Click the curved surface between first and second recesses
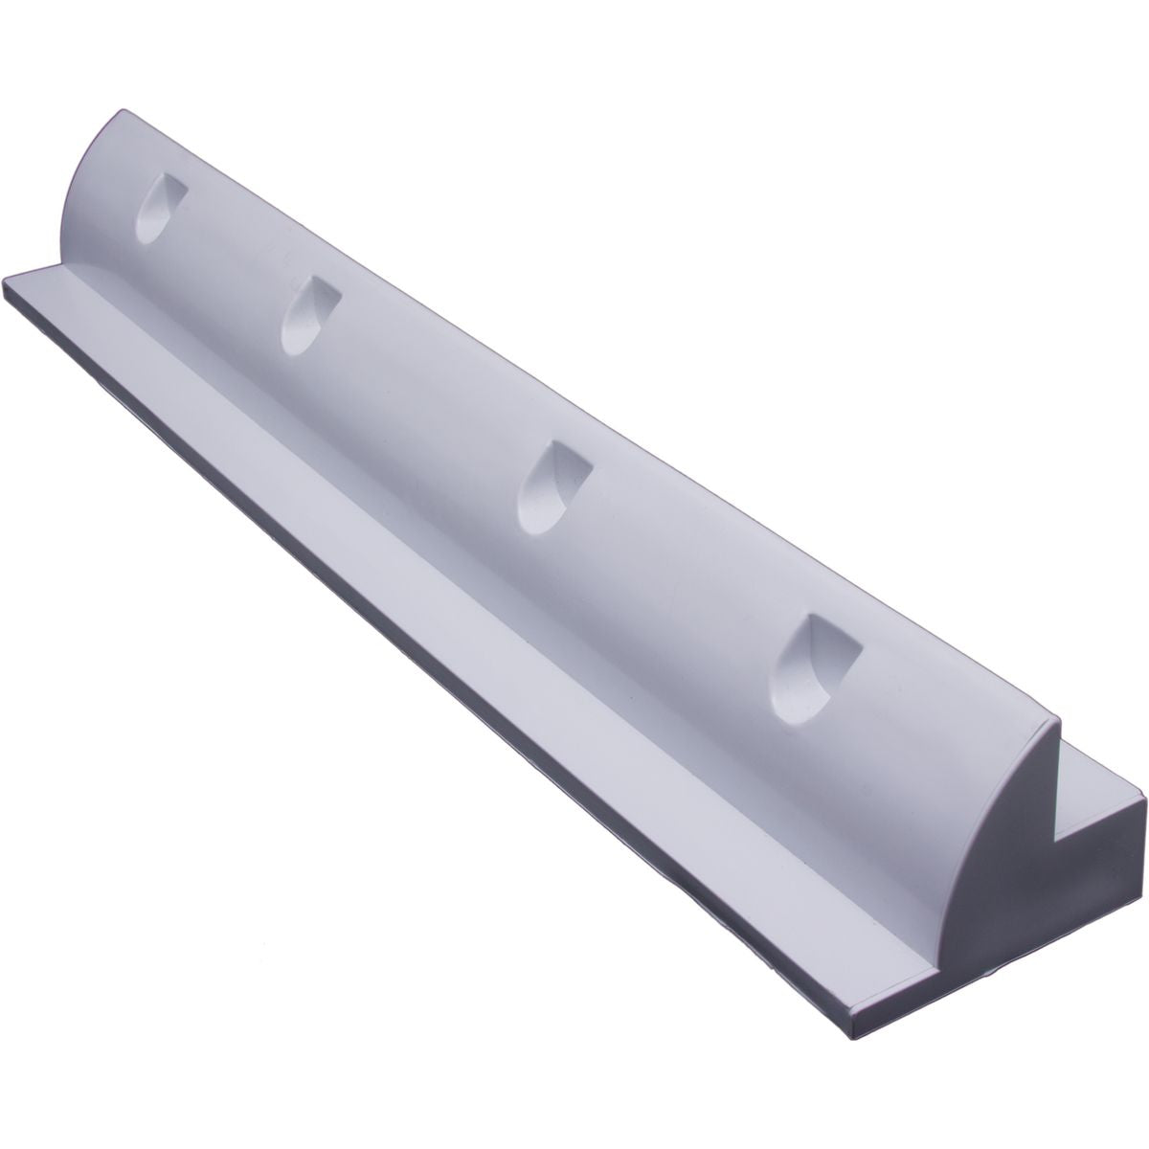click(x=230, y=259)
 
